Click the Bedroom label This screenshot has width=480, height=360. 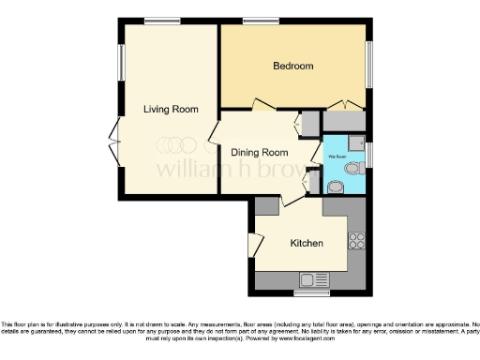click(292, 67)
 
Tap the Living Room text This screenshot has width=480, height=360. click(171, 110)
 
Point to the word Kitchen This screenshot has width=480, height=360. click(307, 243)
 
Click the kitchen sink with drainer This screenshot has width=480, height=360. click(312, 277)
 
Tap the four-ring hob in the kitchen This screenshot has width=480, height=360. click(357, 240)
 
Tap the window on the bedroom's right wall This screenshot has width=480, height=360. click(368, 65)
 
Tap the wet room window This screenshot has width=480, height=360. click(368, 153)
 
